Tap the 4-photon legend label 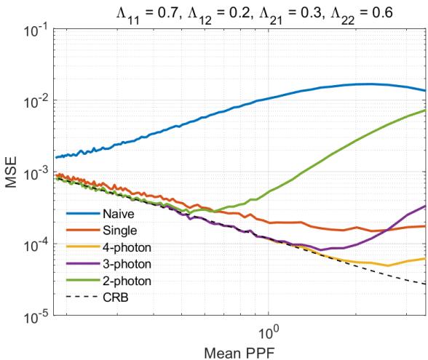122,247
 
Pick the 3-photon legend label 122,263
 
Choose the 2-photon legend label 122,279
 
